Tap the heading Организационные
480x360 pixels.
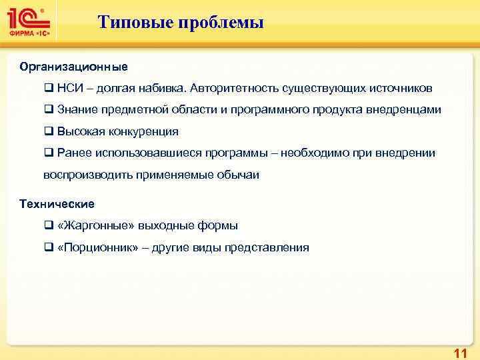(x=73, y=67)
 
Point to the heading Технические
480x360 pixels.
(x=57, y=203)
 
